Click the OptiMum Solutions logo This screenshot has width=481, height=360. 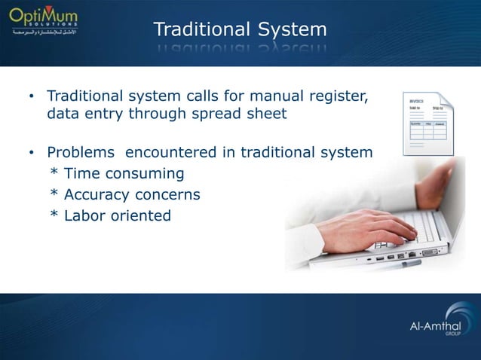pyautogui.click(x=46, y=23)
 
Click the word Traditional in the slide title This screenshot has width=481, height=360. pyautogui.click(x=201, y=30)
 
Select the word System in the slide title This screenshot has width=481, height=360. pyautogui.click(x=291, y=30)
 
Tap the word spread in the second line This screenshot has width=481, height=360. pyautogui.click(x=204, y=115)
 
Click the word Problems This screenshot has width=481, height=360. pyautogui.click(x=81, y=153)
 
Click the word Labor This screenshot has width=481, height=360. pyautogui.click(x=84, y=216)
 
